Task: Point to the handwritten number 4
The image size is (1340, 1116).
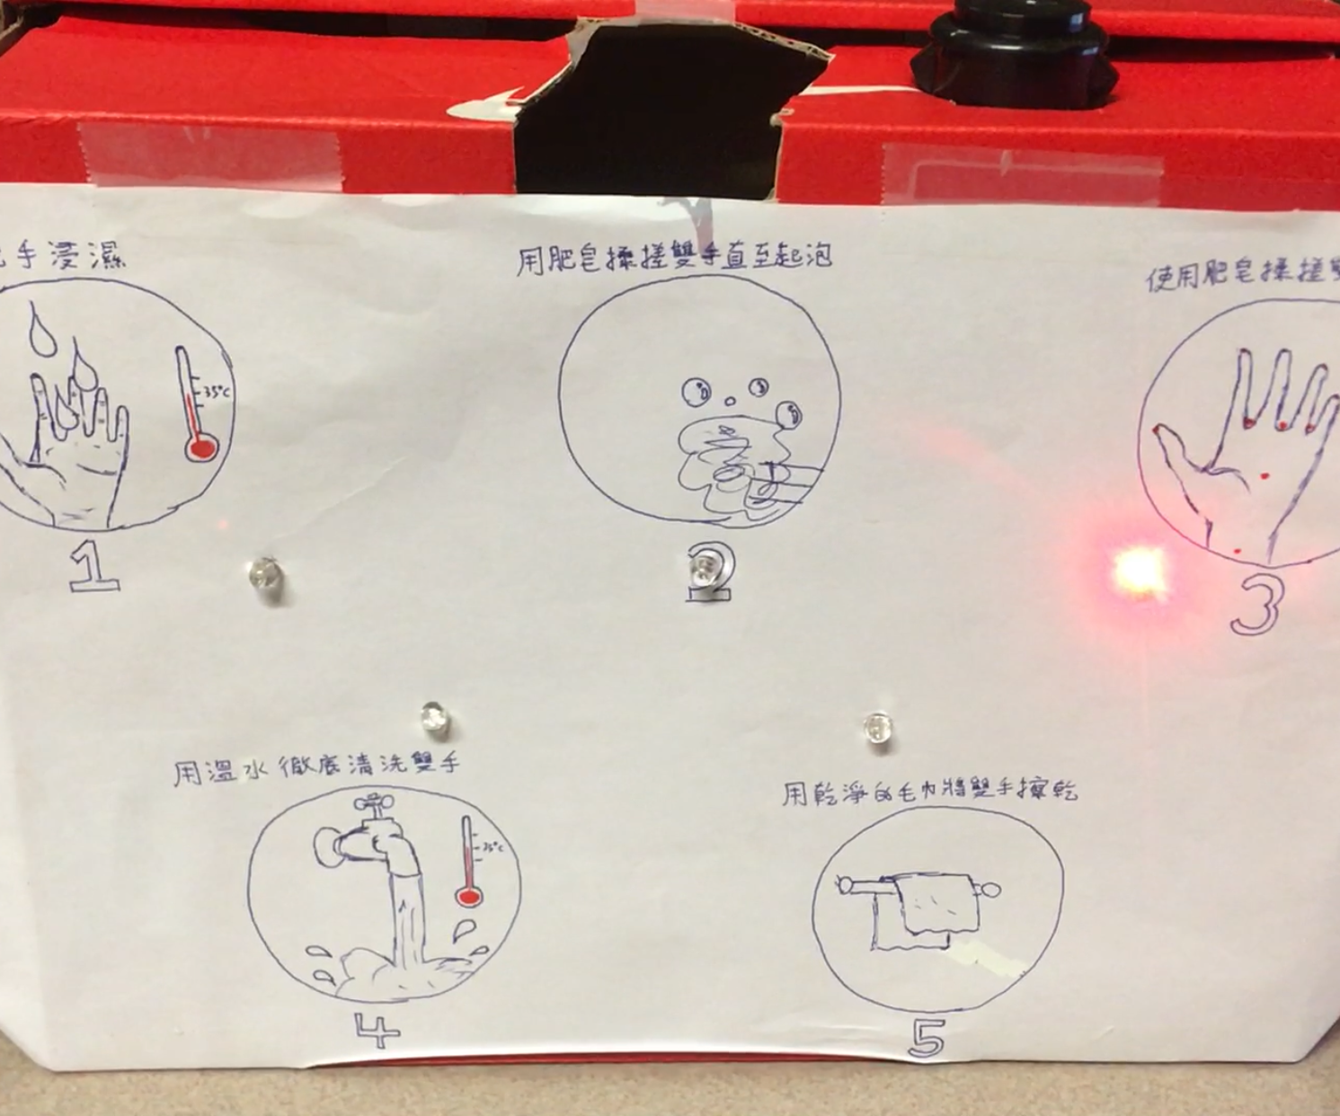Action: click(377, 1031)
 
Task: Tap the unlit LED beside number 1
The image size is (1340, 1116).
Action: click(265, 572)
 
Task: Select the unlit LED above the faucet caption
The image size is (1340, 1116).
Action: click(434, 717)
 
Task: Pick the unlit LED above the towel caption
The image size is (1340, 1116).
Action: click(877, 727)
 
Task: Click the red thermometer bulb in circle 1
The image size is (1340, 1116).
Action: click(200, 447)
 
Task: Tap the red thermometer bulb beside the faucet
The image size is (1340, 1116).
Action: click(467, 896)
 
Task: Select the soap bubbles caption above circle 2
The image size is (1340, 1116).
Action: click(674, 258)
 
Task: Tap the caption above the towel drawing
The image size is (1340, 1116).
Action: click(929, 793)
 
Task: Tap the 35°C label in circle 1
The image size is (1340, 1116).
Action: click(215, 392)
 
